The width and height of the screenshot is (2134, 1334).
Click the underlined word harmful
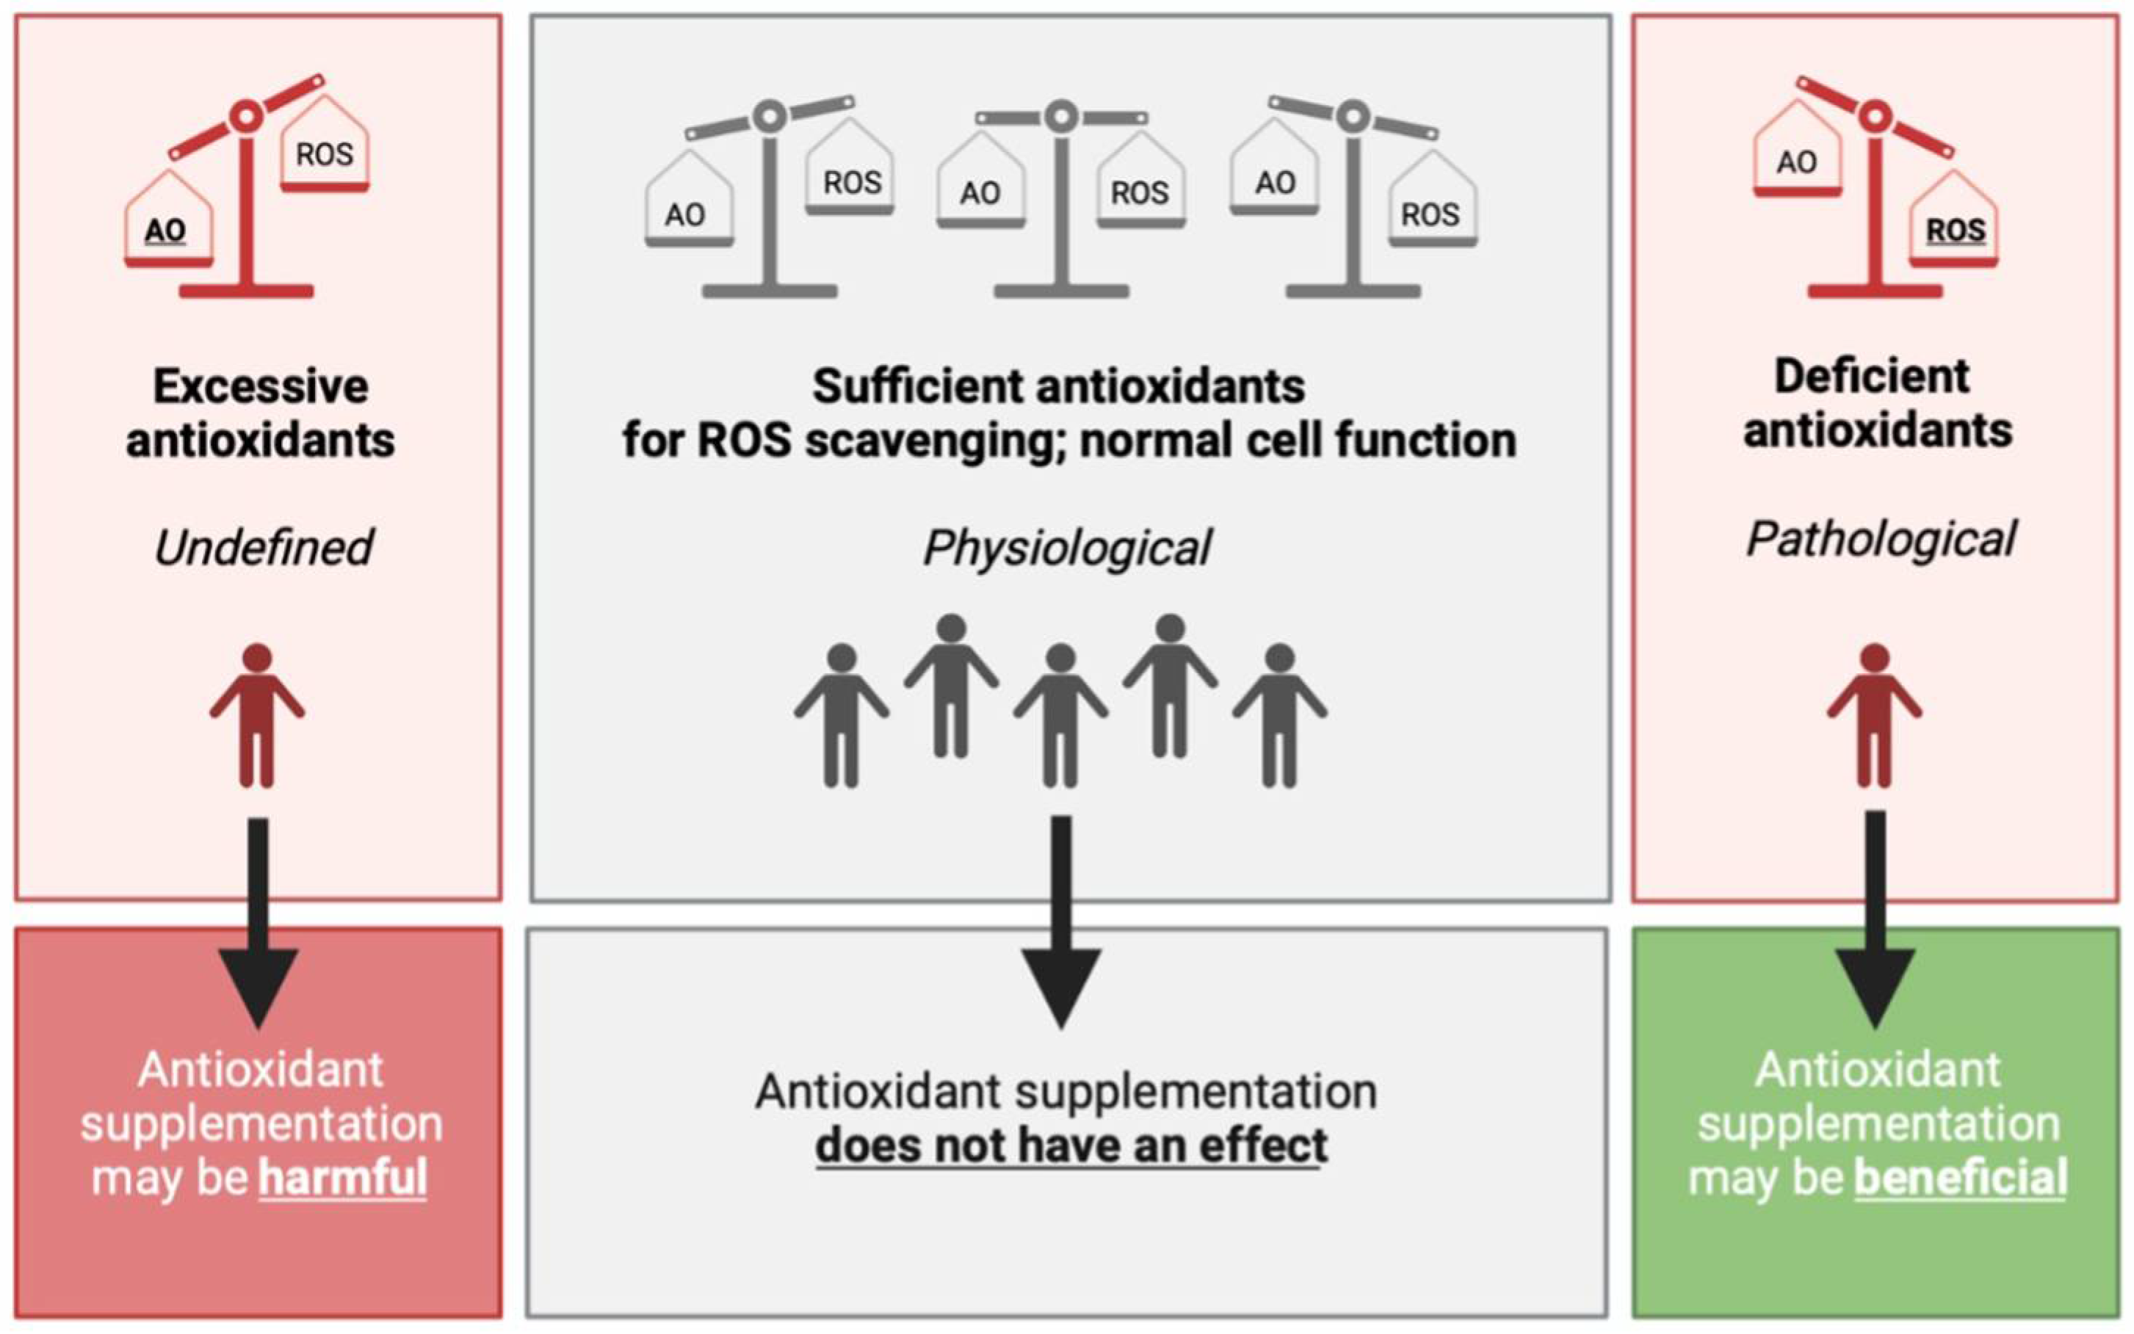pos(342,1178)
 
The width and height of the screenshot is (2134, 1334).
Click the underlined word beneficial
pos(1960,1178)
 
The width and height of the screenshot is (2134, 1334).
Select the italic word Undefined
pos(263,548)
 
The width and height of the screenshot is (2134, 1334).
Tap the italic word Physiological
pos(1066,548)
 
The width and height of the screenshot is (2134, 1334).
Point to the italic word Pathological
pos(1880,539)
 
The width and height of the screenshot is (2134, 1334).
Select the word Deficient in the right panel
pos(1871,377)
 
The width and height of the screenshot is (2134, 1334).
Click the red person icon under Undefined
pos(257,714)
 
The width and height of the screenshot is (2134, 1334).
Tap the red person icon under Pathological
pos(1874,714)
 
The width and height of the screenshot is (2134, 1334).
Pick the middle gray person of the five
pos(1060,714)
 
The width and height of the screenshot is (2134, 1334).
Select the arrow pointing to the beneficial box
pos(1875,918)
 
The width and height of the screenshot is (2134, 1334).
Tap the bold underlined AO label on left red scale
pos(166,231)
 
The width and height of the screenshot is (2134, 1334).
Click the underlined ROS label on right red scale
pos(1955,231)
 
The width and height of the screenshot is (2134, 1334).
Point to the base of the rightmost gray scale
pos(1353,290)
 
